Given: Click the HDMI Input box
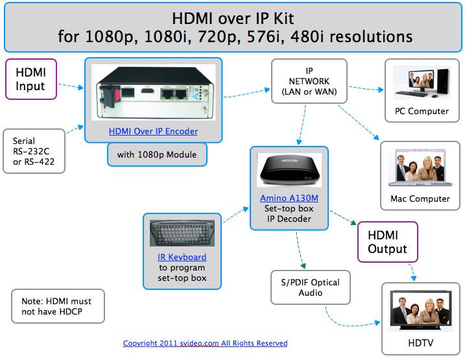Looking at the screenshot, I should pos(30,79).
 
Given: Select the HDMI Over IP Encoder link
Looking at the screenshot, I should pos(153,131).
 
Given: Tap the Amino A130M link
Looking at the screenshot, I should pos(289,197).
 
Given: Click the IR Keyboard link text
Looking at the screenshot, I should pos(182,257).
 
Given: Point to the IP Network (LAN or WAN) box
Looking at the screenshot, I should pos(309,81).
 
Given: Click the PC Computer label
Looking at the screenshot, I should pos(422,111).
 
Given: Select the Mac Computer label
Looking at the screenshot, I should pos(420,198).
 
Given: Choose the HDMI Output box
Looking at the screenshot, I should pos(387,242).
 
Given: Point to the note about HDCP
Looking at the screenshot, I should pos(56,306).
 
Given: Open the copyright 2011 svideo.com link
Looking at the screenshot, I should pos(205,343).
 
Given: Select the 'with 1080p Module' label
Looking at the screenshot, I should pos(153,155).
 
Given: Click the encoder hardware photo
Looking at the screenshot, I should pos(153,92).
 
